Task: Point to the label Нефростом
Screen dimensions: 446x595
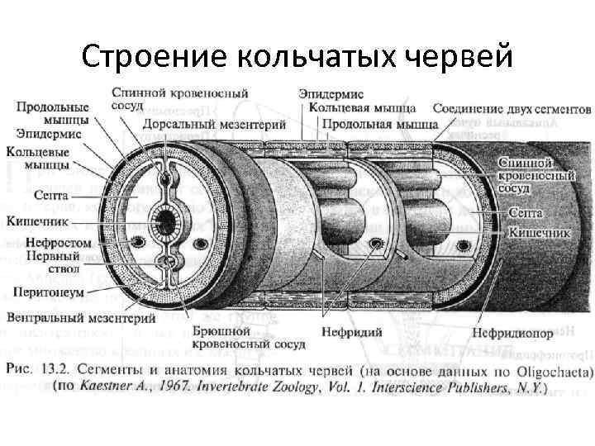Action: click(51, 244)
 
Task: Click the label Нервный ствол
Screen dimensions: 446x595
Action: click(51, 263)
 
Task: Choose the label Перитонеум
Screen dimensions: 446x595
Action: click(46, 292)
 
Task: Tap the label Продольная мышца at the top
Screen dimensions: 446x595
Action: click(379, 125)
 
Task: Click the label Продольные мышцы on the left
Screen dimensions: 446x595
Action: click(51, 114)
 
